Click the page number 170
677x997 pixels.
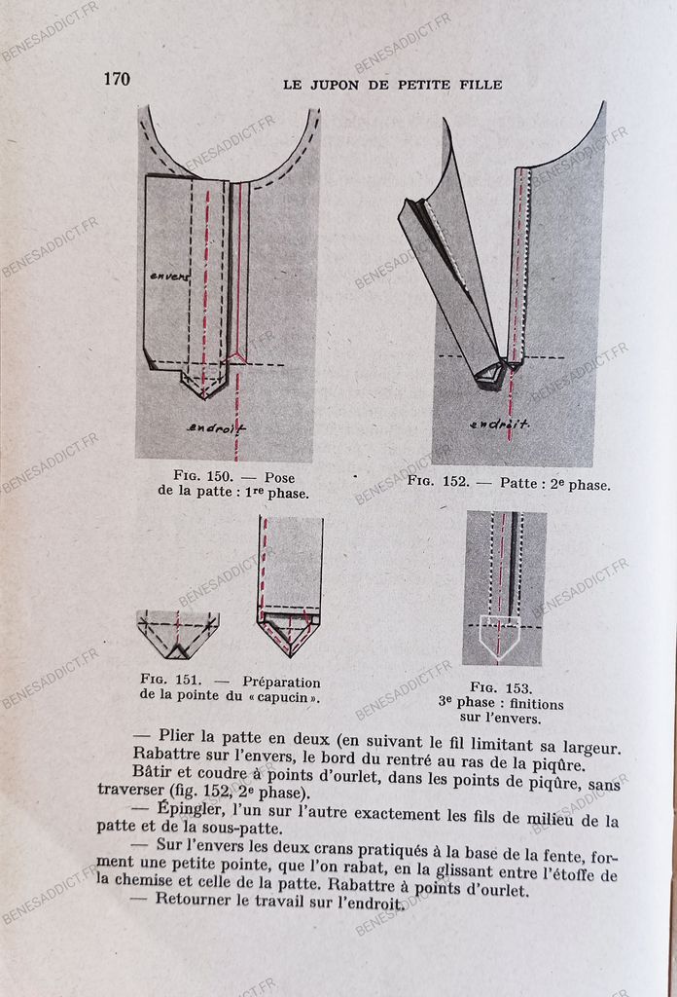(117, 80)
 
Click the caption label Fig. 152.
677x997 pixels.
(437, 482)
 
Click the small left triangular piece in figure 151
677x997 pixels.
(177, 634)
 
